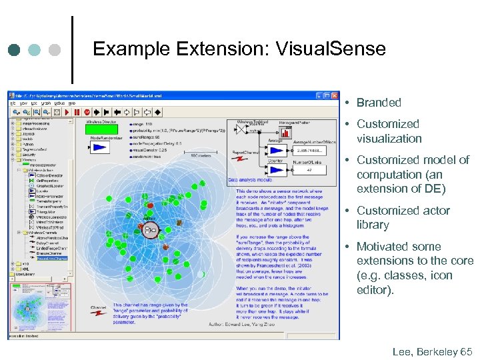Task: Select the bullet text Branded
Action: coord(378,103)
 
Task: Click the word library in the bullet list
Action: coord(373,225)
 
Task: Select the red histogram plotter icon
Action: coord(285,133)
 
